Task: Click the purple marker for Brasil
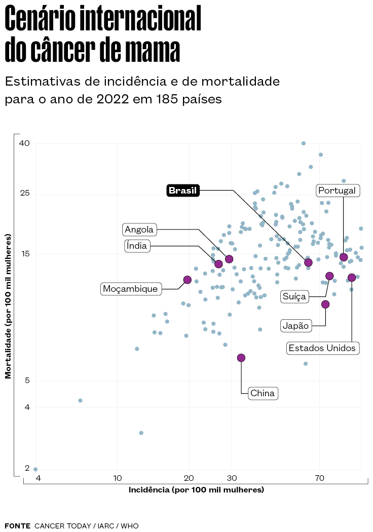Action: (x=308, y=262)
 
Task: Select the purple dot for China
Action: (x=241, y=358)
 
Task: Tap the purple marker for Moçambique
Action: (x=187, y=280)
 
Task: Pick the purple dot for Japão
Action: (x=325, y=304)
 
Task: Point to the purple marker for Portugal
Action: (x=344, y=257)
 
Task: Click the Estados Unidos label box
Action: (x=323, y=348)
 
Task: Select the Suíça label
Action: (x=295, y=296)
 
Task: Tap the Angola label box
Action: (x=139, y=230)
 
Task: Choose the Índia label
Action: (x=137, y=246)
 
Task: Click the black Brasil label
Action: (x=183, y=191)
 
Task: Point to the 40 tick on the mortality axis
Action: (x=24, y=143)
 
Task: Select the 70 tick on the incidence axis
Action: (x=319, y=478)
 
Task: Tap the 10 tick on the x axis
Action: (x=117, y=478)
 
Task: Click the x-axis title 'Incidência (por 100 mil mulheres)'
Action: (x=196, y=490)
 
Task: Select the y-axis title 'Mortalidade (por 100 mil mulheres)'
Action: (x=8, y=307)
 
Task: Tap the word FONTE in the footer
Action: (x=17, y=526)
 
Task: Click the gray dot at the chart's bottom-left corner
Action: (x=35, y=469)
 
